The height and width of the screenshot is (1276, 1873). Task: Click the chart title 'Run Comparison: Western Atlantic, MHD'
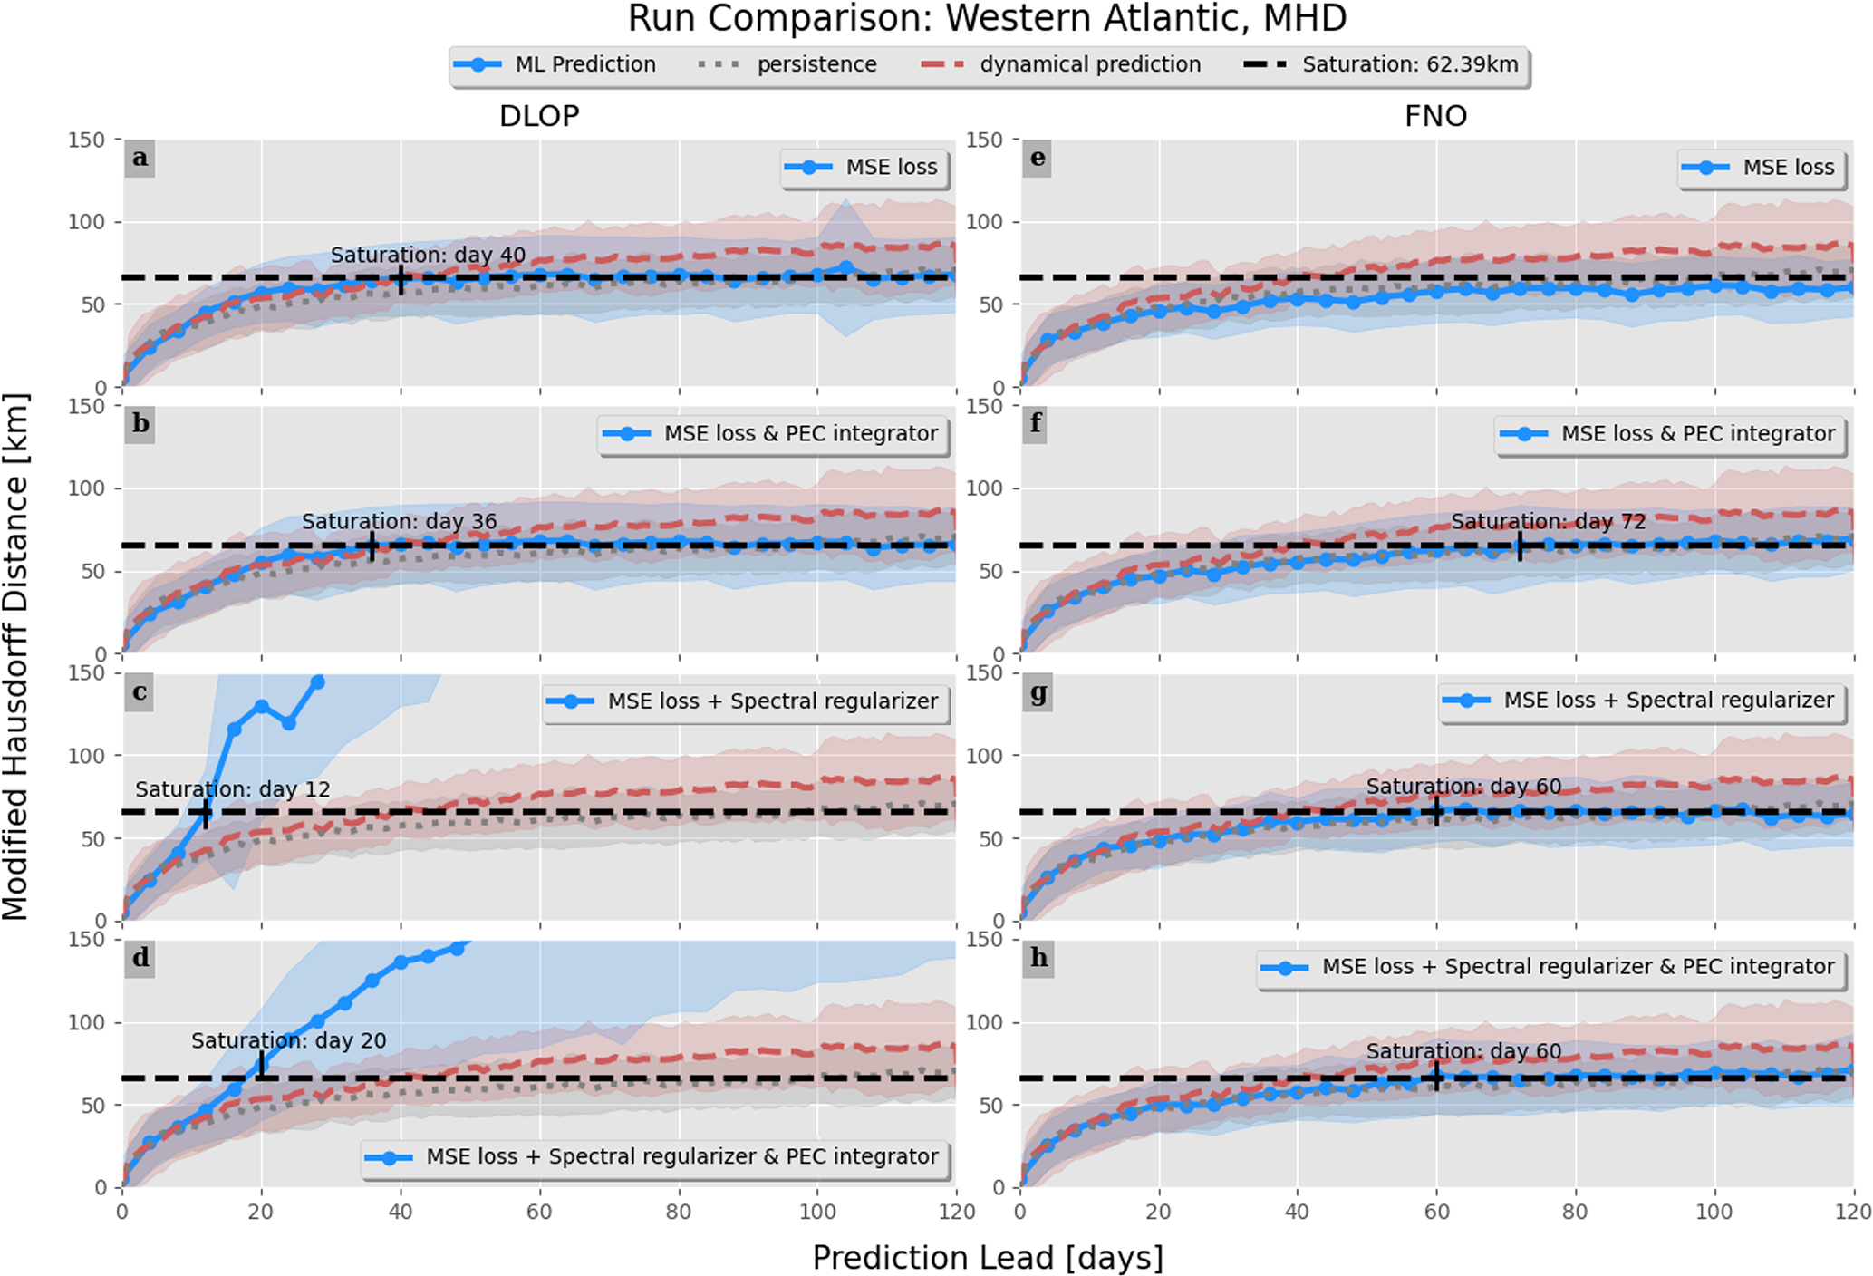[987, 19]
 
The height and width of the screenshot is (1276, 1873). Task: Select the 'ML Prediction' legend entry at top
[555, 65]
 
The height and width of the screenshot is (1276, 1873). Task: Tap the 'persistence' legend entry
[788, 65]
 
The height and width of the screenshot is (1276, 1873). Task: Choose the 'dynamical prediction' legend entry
[1061, 65]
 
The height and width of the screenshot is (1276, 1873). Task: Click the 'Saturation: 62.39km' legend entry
[1382, 65]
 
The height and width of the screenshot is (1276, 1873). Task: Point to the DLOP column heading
[539, 116]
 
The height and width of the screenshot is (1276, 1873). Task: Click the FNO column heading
[1435, 116]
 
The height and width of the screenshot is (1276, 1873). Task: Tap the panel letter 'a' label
[140, 159]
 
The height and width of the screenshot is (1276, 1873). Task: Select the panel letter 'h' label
[1038, 958]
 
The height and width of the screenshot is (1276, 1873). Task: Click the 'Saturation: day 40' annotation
[428, 256]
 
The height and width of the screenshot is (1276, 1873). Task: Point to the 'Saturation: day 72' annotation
[1548, 522]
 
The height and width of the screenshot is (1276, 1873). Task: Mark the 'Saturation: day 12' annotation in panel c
[233, 789]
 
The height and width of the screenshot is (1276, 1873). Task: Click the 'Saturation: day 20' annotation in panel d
[288, 1041]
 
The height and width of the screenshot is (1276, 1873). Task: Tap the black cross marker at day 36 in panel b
[372, 546]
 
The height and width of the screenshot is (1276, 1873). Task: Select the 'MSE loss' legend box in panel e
[1762, 168]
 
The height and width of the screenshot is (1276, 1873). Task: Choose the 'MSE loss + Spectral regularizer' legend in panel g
[1642, 701]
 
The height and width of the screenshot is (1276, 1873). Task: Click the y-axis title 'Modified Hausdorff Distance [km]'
[16, 656]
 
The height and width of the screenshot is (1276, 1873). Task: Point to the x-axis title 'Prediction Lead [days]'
[987, 1258]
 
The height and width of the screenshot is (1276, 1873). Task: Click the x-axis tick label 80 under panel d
[678, 1213]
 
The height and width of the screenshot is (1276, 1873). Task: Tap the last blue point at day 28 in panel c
[317, 682]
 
